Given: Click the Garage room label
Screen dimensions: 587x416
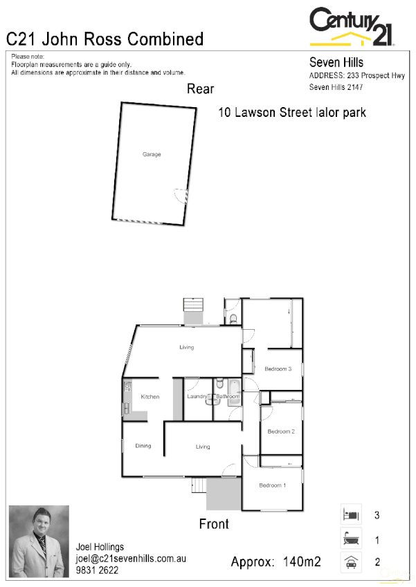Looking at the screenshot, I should [x=152, y=154].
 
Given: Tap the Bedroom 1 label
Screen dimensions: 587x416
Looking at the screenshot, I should [x=272, y=485].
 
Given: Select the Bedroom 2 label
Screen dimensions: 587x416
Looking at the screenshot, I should [x=281, y=431].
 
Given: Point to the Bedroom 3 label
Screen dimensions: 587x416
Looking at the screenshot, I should [x=278, y=369].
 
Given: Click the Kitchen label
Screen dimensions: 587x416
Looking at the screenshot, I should [x=150, y=397].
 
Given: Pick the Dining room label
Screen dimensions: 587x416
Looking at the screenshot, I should [x=143, y=446].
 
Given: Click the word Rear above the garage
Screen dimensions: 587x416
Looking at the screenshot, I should [x=201, y=89].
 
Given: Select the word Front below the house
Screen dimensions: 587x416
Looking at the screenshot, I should [x=214, y=524].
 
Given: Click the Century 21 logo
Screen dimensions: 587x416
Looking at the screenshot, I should [x=352, y=26].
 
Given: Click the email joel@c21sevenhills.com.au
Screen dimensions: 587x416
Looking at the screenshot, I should [x=132, y=559].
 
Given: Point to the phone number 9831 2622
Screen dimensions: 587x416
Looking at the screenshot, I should [x=97, y=570].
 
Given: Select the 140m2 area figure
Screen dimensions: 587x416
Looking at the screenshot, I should [x=302, y=562].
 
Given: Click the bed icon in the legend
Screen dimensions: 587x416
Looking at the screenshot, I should [x=350, y=515].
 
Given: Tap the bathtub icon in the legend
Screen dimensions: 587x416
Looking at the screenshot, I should [x=350, y=539].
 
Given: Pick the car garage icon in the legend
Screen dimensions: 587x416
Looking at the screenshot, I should [x=350, y=562].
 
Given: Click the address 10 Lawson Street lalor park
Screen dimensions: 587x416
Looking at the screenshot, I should [x=291, y=112].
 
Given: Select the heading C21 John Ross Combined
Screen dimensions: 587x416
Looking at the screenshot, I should [x=105, y=39].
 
